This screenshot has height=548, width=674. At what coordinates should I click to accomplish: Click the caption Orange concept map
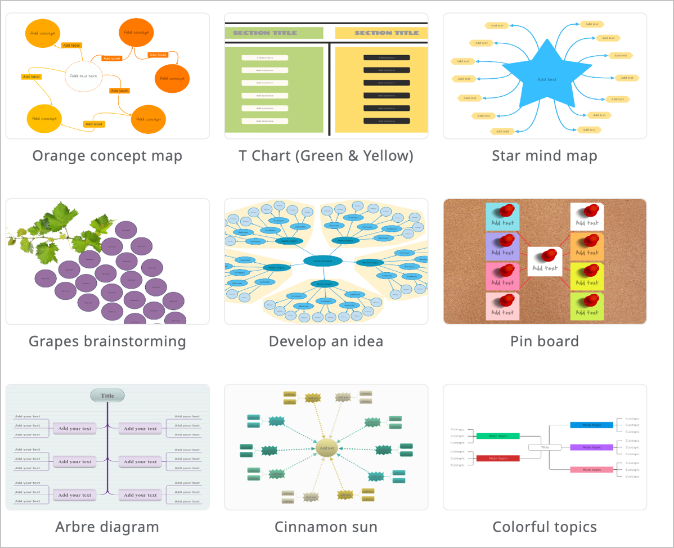pos(107,156)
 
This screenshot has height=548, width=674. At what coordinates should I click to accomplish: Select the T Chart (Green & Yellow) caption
pos(326,156)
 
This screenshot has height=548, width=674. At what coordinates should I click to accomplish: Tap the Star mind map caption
pos(544,156)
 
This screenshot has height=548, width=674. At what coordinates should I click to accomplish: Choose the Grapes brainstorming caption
pos(107,341)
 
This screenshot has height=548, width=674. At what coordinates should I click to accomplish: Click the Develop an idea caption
pos(326,341)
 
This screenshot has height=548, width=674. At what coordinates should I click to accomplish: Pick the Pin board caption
pos(544,341)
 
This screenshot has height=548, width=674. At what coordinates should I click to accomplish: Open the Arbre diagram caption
pos(107,527)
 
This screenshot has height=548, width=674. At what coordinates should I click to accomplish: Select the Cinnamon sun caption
pos(326,527)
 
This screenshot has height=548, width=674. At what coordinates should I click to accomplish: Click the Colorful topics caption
pos(544,527)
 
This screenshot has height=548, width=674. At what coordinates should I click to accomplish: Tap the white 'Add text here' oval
pos(84,76)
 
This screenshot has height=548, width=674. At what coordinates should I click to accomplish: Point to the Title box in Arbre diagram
pos(107,396)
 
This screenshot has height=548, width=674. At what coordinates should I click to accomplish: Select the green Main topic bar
pos(497,435)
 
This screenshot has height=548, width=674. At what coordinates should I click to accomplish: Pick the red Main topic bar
pos(497,458)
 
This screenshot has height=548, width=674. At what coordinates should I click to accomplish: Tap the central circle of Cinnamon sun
pos(326,448)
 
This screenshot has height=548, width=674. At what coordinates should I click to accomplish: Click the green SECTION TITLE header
pos(274,33)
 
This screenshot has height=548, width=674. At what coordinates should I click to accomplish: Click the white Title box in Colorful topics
pos(545,447)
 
